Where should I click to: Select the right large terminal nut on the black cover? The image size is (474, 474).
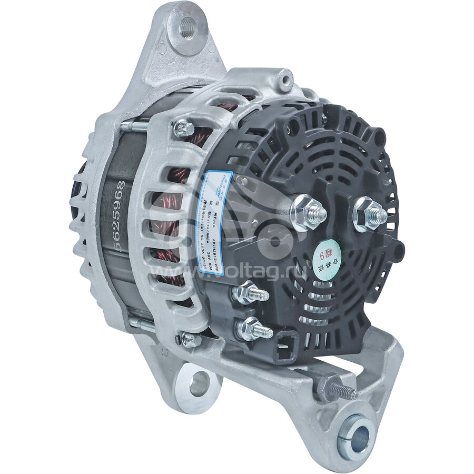point(369,213)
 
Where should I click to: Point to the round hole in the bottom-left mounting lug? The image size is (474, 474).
point(199,383)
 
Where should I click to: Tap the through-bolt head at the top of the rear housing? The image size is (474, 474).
point(183,126)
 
